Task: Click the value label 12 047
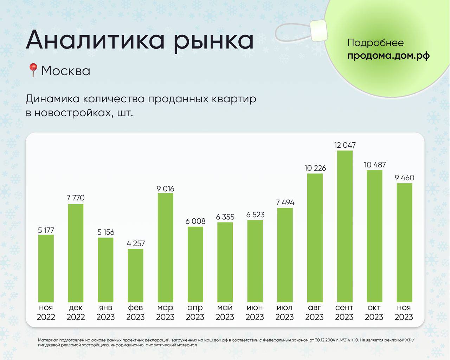coord(345,145)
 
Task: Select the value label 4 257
coord(135,243)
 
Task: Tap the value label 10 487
coord(375,165)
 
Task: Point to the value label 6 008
coord(195,221)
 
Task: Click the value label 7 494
coord(285,202)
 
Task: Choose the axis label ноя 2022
coord(46,312)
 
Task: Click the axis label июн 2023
coord(255,312)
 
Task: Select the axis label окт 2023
coord(374,312)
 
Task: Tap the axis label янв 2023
coord(105,312)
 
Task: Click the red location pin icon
coord(33,70)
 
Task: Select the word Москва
coord(66,71)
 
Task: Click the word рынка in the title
coord(213,40)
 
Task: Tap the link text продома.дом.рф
coord(388,56)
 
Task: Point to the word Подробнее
coord(375,43)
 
